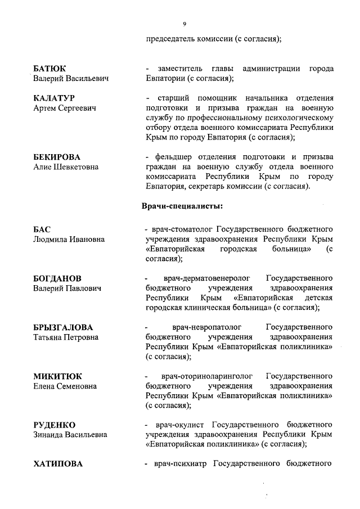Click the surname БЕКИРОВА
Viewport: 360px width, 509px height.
[x=57, y=157]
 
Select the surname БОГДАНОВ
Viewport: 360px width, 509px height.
[x=57, y=279]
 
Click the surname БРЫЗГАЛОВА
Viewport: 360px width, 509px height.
[x=63, y=327]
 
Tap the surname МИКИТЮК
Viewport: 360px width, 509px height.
[x=57, y=376]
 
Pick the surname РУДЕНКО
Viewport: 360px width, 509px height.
[x=54, y=425]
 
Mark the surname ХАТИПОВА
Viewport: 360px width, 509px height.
[x=58, y=464]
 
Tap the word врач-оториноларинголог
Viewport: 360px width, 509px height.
[x=206, y=376]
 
